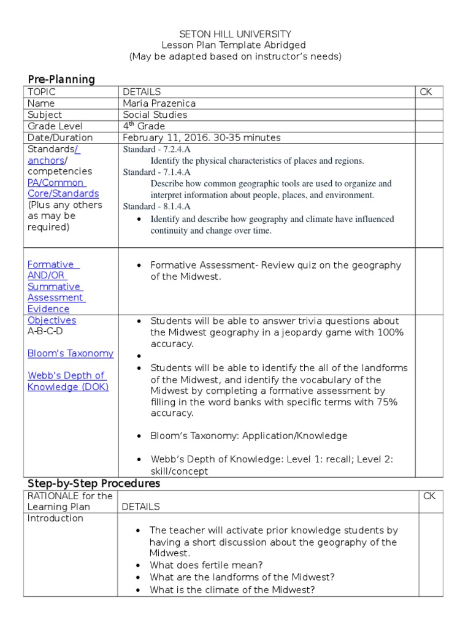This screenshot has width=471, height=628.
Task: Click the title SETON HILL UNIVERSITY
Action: point(235,34)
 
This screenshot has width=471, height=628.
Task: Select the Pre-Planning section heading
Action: point(61,79)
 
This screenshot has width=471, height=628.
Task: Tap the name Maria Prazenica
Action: point(159,103)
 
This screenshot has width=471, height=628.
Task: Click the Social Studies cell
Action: point(155,115)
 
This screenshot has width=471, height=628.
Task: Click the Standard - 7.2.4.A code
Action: point(156,149)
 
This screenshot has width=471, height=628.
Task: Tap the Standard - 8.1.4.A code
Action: point(156,206)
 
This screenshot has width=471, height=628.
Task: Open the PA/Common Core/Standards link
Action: point(63,188)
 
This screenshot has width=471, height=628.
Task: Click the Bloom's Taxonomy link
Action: point(71,353)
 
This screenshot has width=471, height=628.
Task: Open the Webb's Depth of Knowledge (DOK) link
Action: point(67,381)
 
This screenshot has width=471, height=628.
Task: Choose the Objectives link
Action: point(52,320)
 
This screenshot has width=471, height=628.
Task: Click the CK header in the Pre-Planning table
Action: point(426,92)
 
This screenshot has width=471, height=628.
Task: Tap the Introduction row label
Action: point(55,518)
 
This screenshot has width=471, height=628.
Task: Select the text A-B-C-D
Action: point(45,331)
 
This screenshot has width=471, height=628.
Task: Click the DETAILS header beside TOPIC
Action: point(142,92)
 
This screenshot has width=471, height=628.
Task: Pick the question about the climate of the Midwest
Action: point(232,590)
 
